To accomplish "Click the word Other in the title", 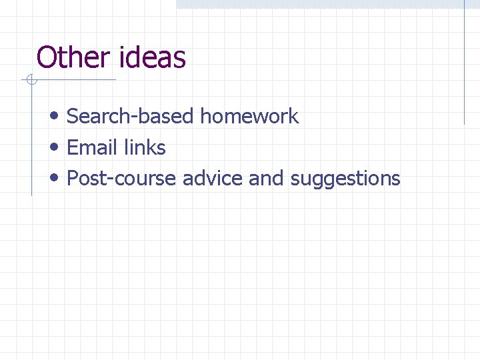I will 74,57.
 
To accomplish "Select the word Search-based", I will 131,116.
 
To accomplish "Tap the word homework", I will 249,116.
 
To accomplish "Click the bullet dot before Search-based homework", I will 55,116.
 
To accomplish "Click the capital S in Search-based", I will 73,116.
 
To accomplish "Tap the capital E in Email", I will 73,147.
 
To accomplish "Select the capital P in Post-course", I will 73,179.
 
